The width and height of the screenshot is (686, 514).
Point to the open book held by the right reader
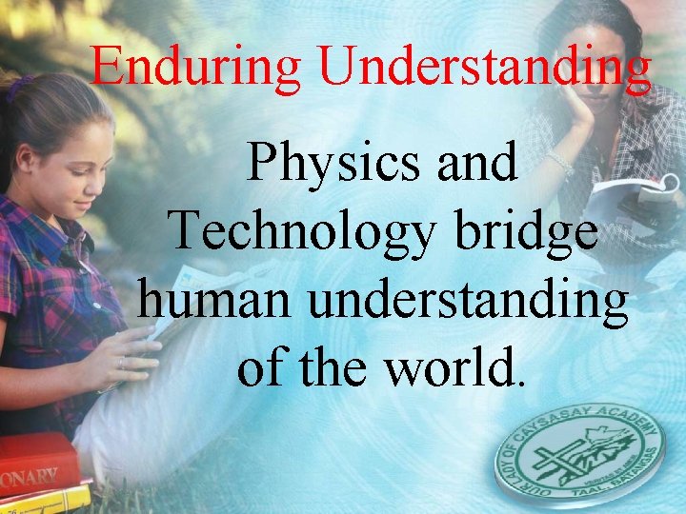pos(624,200)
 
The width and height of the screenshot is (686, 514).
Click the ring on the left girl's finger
pos(121,363)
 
